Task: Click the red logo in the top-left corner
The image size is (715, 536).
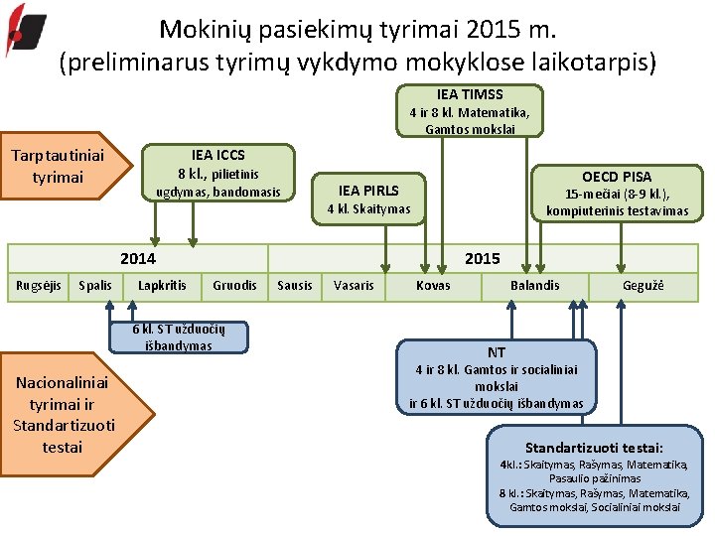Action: [x=25, y=30]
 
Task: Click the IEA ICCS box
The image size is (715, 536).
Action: [x=218, y=172]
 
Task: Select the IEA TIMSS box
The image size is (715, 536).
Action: [x=470, y=110]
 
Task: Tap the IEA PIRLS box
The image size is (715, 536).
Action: [x=368, y=199]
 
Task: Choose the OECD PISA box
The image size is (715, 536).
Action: [x=617, y=193]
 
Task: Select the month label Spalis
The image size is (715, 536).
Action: [x=95, y=286]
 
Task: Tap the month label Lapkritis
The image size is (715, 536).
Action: [x=162, y=286]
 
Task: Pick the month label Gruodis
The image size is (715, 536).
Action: [x=234, y=286]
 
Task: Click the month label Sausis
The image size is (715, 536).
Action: [x=294, y=286]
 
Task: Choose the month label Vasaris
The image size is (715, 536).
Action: [x=355, y=286]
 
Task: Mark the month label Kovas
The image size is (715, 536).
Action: [x=433, y=286]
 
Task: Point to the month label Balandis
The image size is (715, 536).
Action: [x=535, y=286]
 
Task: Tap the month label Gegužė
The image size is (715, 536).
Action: [x=643, y=286]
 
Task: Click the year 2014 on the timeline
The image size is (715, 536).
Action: [x=138, y=258]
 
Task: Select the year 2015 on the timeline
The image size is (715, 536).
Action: [x=483, y=258]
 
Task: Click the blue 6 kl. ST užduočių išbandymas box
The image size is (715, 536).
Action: [x=179, y=337]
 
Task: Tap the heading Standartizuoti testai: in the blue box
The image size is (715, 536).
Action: [x=594, y=449]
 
